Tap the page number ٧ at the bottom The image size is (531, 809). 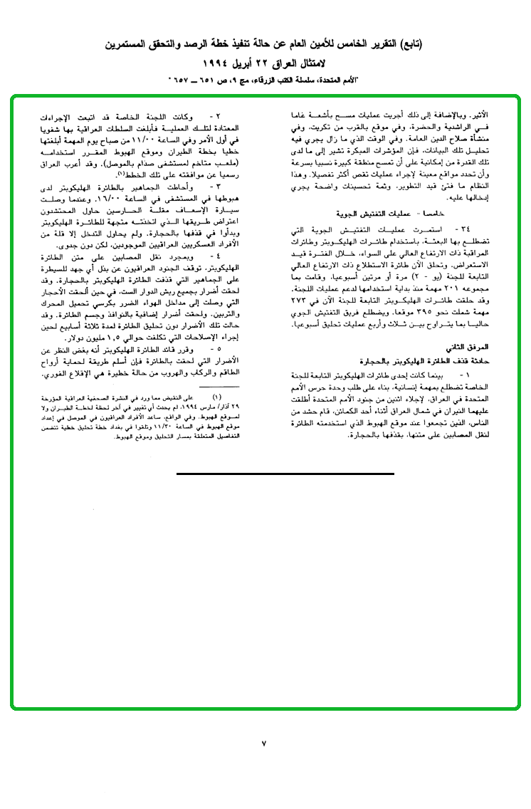263,743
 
